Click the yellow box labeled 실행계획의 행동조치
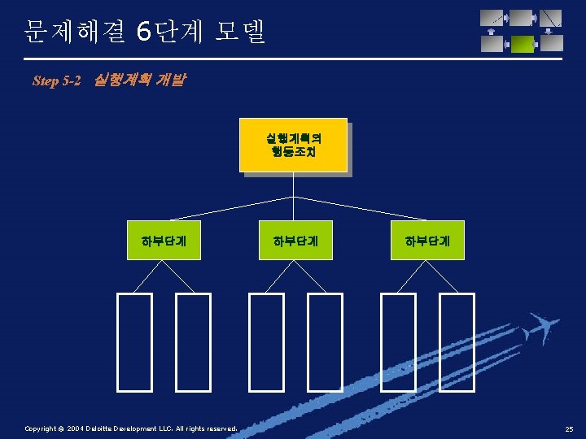[293, 145]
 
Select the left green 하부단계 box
[164, 240]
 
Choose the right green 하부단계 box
[428, 240]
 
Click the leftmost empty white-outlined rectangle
[134, 341]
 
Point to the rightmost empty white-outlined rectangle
[457, 341]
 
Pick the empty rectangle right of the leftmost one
[193, 341]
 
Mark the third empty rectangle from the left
[266, 341]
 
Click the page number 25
[570, 428]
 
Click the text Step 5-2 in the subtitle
[57, 81]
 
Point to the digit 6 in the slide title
[144, 33]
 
